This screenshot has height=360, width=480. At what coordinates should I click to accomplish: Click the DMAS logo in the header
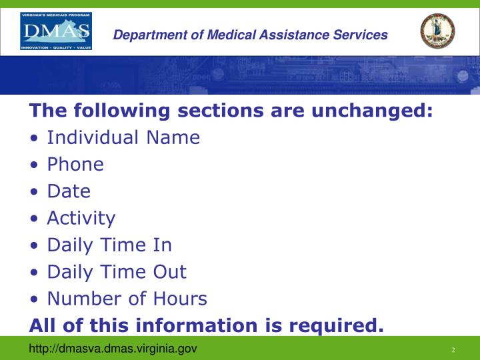pos(56,31)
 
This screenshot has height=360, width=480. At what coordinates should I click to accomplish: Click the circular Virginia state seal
pos(437,31)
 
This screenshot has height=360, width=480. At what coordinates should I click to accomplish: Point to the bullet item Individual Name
pos(123,137)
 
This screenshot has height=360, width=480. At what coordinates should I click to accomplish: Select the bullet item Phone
pos(75,164)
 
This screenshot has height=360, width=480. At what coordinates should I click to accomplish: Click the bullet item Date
pos(69,191)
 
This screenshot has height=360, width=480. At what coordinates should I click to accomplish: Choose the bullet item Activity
pos(81,218)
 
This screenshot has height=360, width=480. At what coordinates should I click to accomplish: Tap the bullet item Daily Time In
pos(109,245)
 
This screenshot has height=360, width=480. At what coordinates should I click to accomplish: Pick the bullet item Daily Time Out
pos(117,272)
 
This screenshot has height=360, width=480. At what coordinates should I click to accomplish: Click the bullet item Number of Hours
pos(127,299)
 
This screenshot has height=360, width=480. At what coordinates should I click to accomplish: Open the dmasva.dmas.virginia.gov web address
pos(113,349)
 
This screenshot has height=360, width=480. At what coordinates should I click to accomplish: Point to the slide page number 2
pos(453,350)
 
